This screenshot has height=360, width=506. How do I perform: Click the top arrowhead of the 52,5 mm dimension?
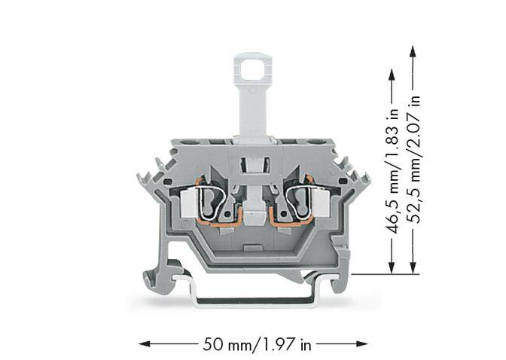coord(412,51)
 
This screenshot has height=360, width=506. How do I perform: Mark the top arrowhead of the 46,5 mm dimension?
coord(392,74)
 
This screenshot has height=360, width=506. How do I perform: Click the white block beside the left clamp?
coord(189,202)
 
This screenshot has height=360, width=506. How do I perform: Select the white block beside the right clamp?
coord(319,202)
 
